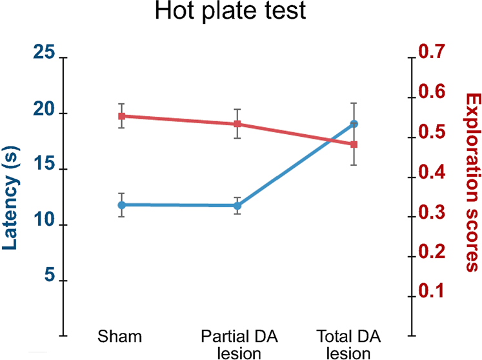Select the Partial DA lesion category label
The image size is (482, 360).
[x=239, y=345]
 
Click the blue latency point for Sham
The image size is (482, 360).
[x=121, y=205]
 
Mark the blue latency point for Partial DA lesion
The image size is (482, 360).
[x=237, y=205]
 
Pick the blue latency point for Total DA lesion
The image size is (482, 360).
[x=354, y=123]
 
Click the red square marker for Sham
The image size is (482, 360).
[x=121, y=116]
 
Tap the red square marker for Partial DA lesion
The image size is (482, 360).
[x=237, y=124]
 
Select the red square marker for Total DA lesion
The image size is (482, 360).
[x=354, y=145]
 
